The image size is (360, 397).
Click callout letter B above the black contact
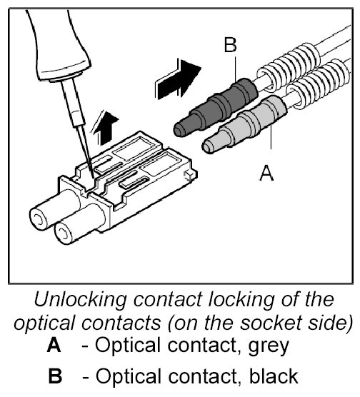(x=230, y=45)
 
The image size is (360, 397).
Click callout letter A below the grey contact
(x=266, y=173)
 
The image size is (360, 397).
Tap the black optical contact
(x=216, y=106)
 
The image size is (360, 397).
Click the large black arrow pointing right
(x=178, y=79)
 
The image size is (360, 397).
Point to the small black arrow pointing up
(x=104, y=128)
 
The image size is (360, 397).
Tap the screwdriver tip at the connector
(x=93, y=177)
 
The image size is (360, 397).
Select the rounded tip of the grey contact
(x=208, y=146)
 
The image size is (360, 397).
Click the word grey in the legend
(x=269, y=346)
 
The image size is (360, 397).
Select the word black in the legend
(x=274, y=376)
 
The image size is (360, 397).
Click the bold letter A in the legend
(x=54, y=345)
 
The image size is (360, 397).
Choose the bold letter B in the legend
(x=55, y=376)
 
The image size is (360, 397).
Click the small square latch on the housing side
(x=189, y=174)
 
